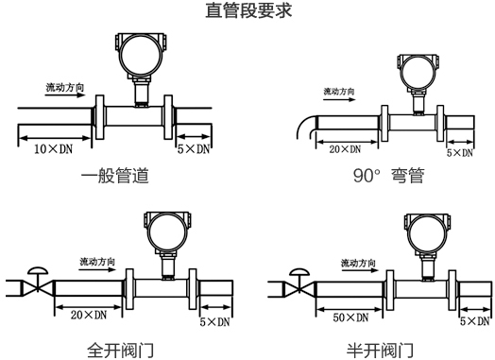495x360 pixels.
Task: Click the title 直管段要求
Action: coord(248,12)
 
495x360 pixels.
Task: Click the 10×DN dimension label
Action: coord(54,149)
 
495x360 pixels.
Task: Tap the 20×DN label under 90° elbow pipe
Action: coord(344,149)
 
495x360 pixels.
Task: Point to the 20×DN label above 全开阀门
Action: coord(88,314)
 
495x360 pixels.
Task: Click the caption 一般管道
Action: coord(115,176)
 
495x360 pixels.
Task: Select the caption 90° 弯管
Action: coord(387,176)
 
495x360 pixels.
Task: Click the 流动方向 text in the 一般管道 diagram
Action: coord(68,88)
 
